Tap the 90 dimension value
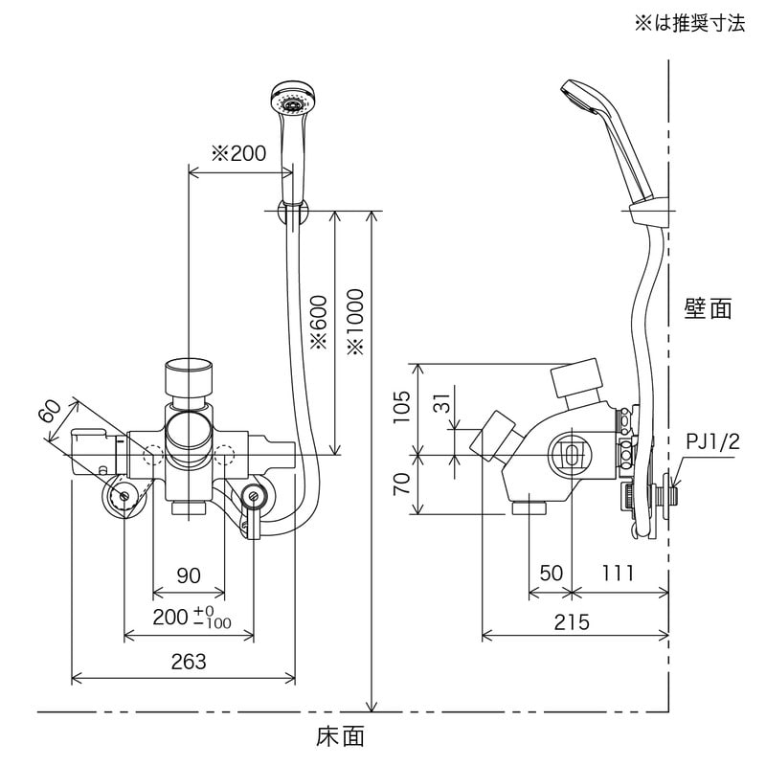(189, 574)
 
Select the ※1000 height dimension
(356, 320)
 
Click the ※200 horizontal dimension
(238, 153)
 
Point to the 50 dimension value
(550, 574)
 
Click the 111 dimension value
(620, 574)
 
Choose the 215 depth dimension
(572, 621)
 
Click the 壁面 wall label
(709, 308)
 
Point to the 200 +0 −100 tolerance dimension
(192, 619)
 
